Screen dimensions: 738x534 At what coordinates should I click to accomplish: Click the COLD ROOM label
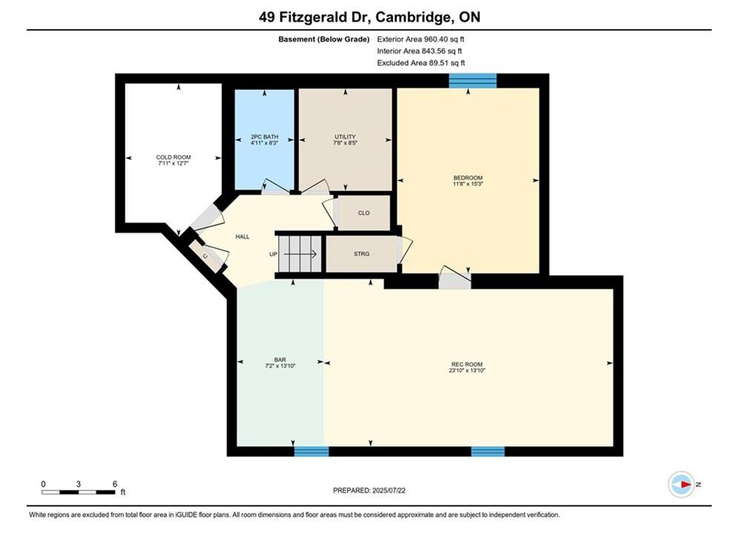174,158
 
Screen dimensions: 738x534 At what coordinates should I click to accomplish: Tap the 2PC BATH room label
265,137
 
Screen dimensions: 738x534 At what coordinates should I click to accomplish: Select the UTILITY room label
345,137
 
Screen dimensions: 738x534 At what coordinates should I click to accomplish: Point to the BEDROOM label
468,178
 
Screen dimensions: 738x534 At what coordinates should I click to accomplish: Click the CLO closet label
364,213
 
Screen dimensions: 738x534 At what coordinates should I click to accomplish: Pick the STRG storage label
361,254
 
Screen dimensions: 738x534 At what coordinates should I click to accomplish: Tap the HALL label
243,237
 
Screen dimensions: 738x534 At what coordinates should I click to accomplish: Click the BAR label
280,360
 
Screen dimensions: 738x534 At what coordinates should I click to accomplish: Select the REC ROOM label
467,365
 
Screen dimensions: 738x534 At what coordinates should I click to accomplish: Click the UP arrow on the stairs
300,254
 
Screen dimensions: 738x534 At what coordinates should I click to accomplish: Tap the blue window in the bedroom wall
472,80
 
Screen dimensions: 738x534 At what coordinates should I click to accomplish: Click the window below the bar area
312,452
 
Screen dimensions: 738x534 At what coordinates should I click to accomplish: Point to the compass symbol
681,484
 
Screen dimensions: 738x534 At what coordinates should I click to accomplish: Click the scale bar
78,492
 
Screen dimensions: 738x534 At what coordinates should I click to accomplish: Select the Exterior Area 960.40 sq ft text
421,39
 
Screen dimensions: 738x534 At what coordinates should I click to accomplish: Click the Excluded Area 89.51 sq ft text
421,63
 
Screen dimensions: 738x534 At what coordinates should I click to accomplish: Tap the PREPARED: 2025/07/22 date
369,490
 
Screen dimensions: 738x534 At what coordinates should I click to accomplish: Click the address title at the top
369,17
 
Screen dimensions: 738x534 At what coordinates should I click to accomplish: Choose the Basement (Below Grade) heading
324,39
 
